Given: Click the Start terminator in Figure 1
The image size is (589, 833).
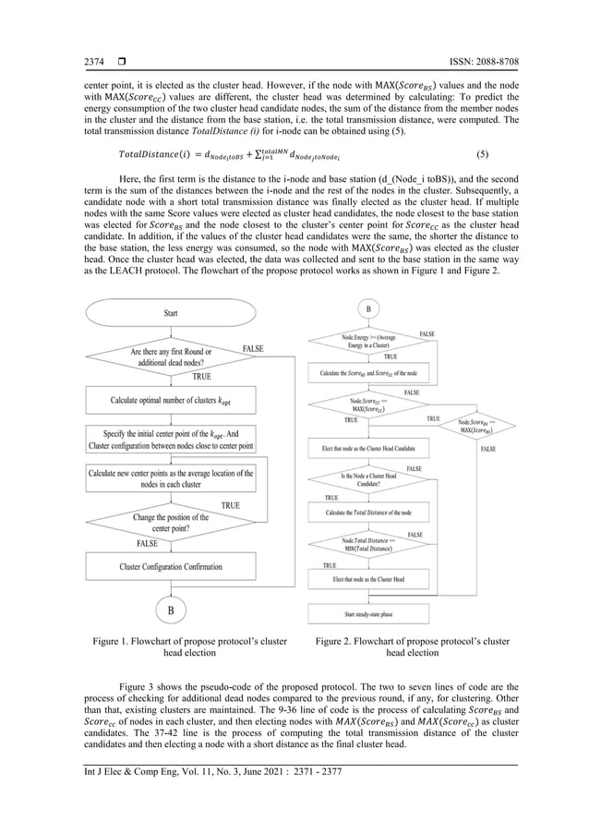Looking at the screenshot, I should point(171,314).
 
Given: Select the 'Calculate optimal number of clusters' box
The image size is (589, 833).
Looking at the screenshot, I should point(171,401).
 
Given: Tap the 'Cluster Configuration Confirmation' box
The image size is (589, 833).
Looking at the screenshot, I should point(171,565).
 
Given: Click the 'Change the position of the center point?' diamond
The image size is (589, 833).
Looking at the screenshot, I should point(171,523).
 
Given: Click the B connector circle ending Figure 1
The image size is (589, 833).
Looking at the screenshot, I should point(171,610).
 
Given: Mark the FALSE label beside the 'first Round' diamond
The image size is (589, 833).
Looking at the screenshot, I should point(253,348).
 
